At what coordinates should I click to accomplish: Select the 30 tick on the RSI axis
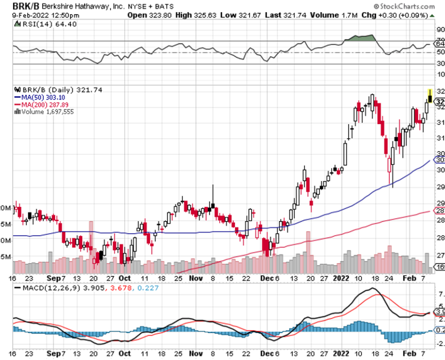click(x=440, y=64)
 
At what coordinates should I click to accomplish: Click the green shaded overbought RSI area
click(x=361, y=38)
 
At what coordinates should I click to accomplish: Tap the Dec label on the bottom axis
click(x=265, y=277)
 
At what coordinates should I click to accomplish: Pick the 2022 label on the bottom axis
click(x=339, y=277)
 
